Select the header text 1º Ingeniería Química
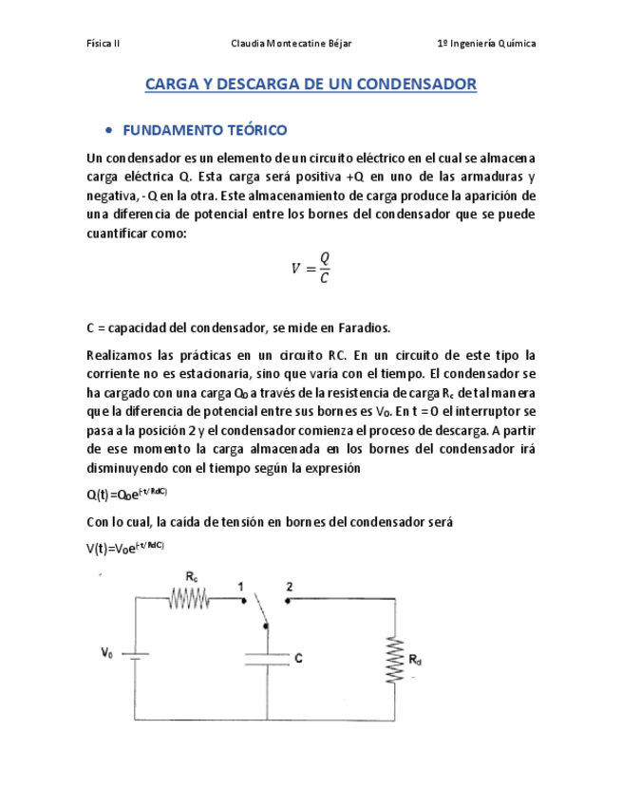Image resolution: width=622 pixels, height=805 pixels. [485, 45]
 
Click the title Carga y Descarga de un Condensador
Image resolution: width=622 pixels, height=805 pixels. [311, 85]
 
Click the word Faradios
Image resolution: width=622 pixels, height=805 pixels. [359, 328]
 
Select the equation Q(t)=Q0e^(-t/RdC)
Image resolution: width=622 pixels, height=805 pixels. [125, 494]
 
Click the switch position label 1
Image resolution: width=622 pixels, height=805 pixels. [242, 586]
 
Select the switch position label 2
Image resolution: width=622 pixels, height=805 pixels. [290, 586]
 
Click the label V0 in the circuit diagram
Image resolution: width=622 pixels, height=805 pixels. [106, 652]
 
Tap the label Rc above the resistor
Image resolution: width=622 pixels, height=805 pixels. [192, 577]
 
